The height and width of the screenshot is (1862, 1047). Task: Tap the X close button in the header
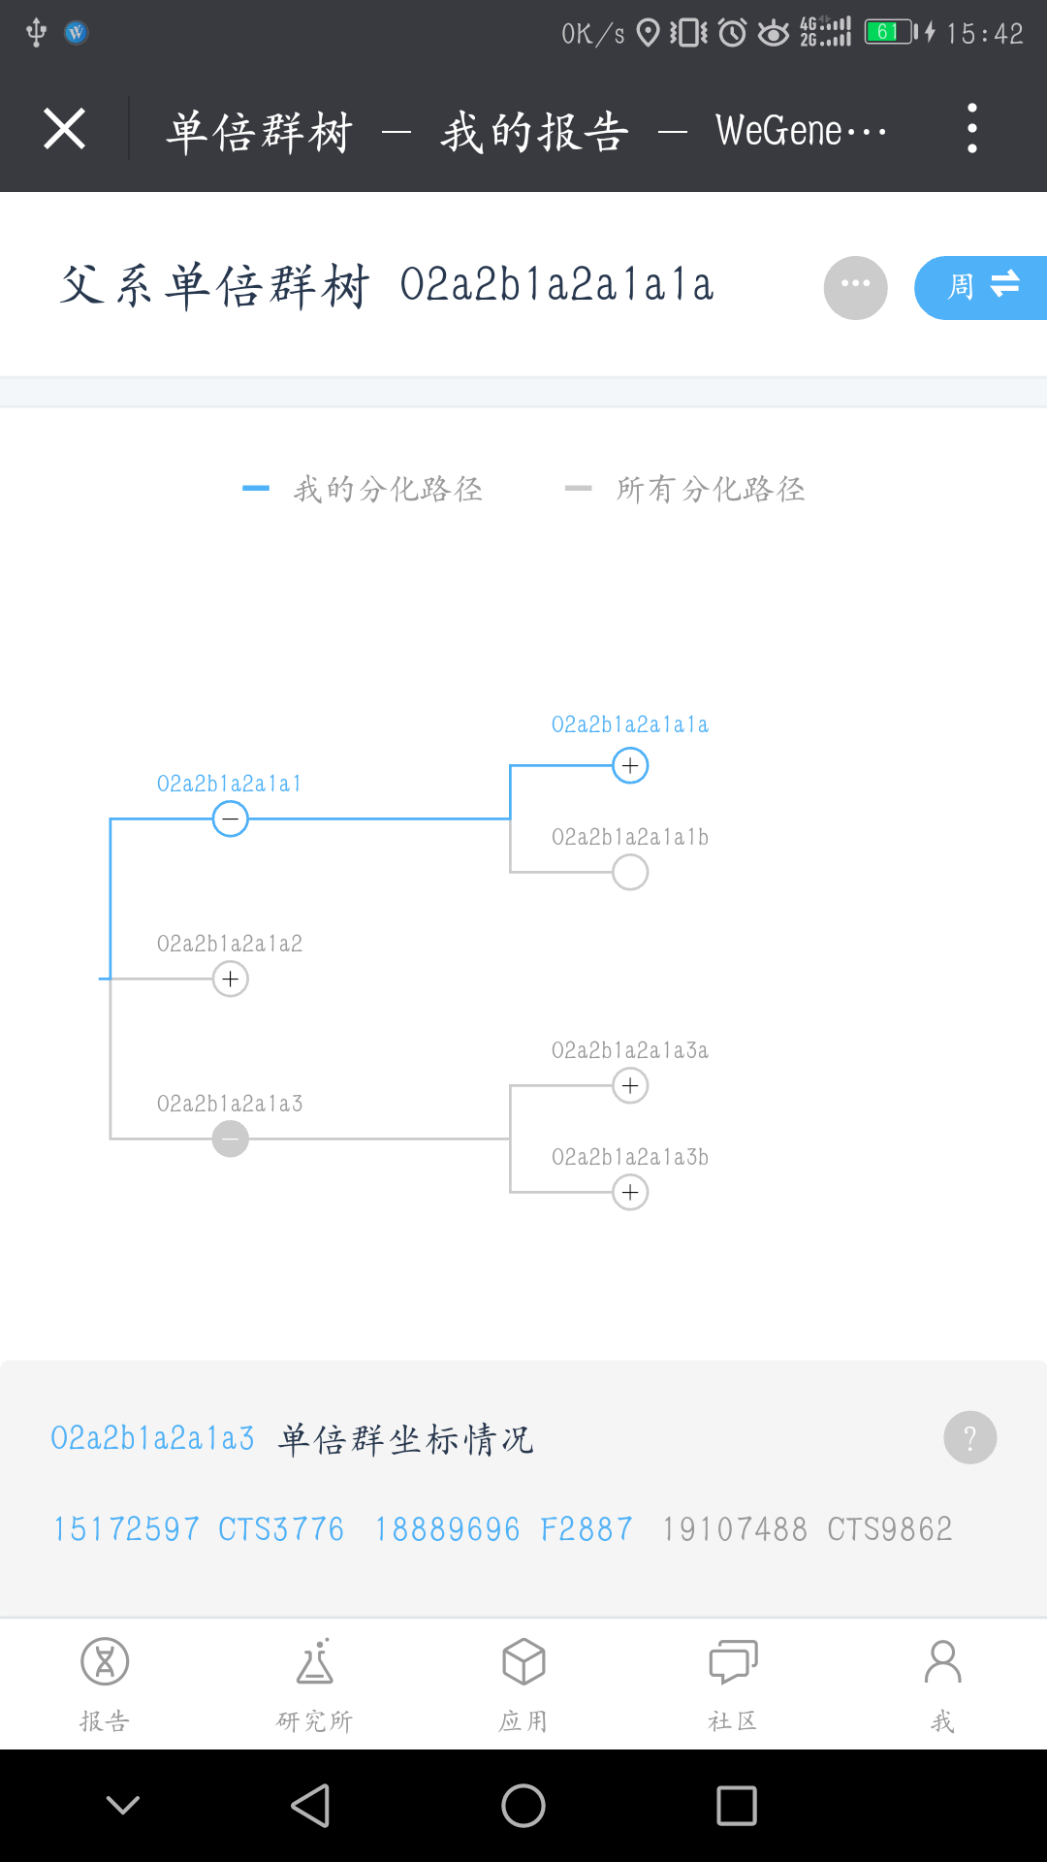tap(65, 129)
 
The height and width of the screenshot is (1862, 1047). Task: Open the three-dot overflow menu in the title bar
tap(971, 129)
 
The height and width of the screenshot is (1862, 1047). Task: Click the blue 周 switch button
tap(980, 287)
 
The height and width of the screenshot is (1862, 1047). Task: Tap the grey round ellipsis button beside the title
tap(855, 287)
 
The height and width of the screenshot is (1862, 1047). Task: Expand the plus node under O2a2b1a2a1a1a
tap(630, 766)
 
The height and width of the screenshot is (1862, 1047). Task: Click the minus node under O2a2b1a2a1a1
tap(231, 819)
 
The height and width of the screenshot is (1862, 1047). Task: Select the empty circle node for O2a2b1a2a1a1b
tap(630, 873)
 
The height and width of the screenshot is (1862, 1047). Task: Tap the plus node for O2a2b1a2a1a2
tap(231, 979)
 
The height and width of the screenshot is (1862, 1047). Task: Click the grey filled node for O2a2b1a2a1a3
tap(231, 1139)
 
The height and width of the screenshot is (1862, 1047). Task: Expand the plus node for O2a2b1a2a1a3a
tap(630, 1086)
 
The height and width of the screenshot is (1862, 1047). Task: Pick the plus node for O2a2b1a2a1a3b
tap(630, 1193)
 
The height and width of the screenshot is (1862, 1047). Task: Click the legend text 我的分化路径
tap(388, 489)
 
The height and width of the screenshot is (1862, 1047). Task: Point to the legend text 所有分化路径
tap(711, 489)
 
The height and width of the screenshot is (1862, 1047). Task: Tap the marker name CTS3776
tap(281, 1529)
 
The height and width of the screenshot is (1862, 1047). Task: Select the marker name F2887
tap(587, 1529)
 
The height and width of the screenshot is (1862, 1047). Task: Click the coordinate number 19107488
tap(735, 1529)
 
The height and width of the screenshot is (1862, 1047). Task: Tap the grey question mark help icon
tap(969, 1437)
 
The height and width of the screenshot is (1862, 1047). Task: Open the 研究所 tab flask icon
tap(315, 1662)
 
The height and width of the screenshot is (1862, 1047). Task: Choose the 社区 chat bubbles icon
tap(733, 1662)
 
